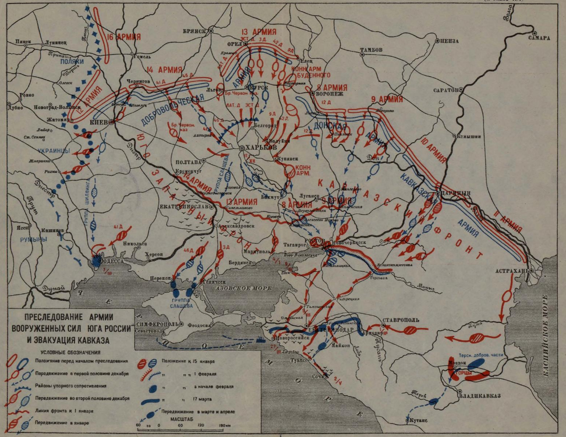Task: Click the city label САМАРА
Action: click(x=539, y=38)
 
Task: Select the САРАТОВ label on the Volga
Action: click(x=445, y=91)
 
